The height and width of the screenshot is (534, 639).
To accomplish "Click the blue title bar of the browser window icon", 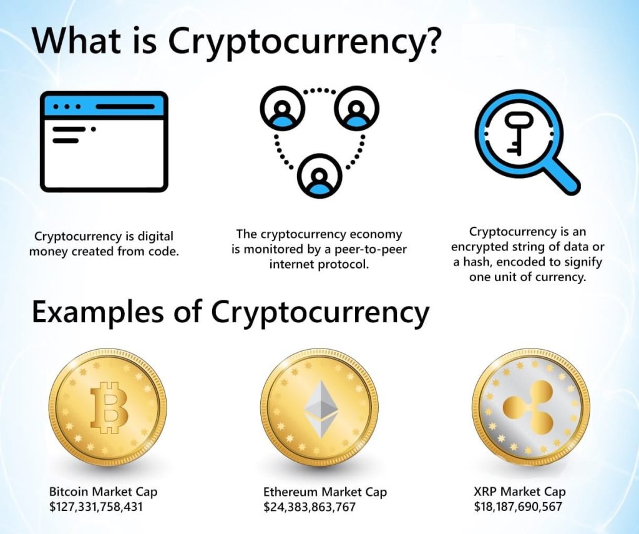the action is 104,106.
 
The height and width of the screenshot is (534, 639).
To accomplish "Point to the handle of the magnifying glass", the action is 563,178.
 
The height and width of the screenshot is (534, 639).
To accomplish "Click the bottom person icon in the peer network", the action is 319,176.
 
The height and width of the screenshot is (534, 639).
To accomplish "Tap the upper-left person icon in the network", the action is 283,109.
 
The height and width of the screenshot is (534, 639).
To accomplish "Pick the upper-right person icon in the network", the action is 356,109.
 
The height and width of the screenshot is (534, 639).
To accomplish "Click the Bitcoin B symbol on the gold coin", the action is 109,407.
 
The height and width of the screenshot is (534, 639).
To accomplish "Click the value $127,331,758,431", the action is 95,507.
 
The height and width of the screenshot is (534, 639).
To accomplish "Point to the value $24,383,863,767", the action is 310,507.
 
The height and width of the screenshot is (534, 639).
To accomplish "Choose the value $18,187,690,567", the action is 518,507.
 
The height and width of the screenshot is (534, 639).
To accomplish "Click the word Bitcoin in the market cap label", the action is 69,492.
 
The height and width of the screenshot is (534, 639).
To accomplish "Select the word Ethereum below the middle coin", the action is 291,492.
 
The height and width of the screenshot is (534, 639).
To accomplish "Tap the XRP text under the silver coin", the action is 484,492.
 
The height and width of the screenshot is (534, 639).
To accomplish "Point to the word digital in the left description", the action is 156,237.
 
